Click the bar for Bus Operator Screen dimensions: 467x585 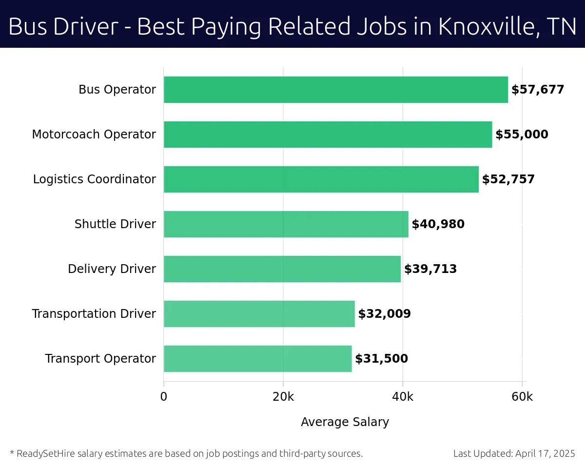click(335, 90)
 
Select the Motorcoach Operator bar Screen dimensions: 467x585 click(328, 135)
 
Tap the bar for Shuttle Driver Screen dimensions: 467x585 click(286, 224)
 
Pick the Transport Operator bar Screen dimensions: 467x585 click(257, 359)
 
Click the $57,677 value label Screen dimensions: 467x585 click(538, 90)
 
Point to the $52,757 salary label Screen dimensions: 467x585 click(508, 179)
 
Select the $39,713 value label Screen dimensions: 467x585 click(430, 269)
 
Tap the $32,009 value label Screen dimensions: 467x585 click(385, 314)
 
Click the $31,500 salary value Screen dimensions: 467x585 click(381, 359)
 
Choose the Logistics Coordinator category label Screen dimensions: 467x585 click(95, 179)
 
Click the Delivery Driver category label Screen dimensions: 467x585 click(112, 269)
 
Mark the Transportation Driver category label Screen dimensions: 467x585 click(94, 314)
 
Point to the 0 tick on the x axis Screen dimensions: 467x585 click(164, 397)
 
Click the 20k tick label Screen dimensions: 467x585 click(283, 397)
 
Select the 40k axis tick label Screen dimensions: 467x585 click(403, 397)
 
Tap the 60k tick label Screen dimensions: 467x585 click(522, 397)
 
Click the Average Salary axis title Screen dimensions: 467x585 click(345, 422)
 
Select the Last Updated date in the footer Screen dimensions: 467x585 click(514, 454)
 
